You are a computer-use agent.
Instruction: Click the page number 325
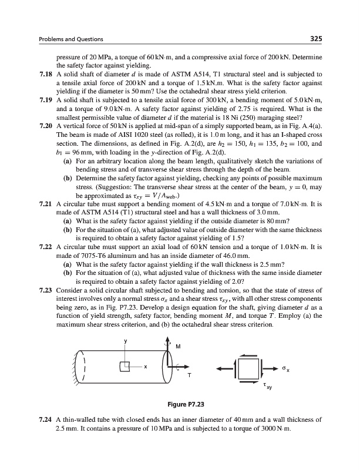(315, 39)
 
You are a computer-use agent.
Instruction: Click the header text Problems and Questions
(71, 39)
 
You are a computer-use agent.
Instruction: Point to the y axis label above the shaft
(124, 341)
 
